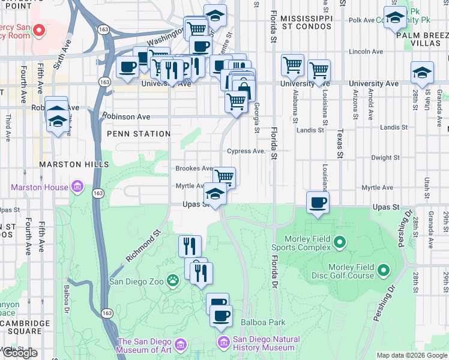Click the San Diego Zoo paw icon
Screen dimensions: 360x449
tap(173, 280)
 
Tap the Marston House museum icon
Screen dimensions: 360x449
tap(77, 187)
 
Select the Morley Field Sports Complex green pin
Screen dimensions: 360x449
tap(340, 243)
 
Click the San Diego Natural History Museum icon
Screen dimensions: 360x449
tap(223, 343)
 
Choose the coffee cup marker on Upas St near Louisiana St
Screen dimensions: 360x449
tap(318, 202)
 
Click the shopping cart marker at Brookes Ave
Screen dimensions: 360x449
tap(224, 177)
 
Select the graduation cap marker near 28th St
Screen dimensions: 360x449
tap(422, 73)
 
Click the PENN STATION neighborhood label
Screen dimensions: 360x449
tap(139, 134)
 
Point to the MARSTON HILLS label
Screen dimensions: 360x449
tap(74, 164)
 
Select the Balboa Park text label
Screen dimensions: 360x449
tap(263, 322)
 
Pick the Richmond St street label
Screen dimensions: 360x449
tap(144, 247)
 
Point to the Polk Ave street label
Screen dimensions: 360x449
tap(362, 20)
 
